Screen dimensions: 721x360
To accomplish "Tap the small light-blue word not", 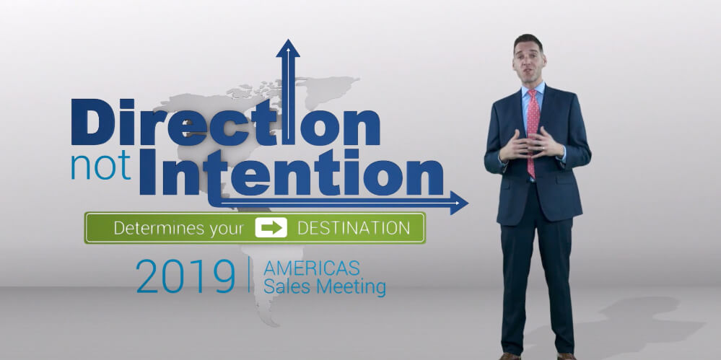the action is coord(101,167).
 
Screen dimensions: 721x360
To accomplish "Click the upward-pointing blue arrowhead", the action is coord(288,48).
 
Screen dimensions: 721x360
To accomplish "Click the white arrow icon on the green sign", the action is coord(271,227).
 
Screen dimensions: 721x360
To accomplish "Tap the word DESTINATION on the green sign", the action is coord(354,227).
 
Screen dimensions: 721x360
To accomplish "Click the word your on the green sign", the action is coord(227,229).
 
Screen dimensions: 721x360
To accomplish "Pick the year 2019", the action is coord(185,276).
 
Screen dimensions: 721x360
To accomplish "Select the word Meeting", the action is coord(353,287).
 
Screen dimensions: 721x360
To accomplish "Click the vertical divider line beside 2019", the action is coord(249,274).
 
